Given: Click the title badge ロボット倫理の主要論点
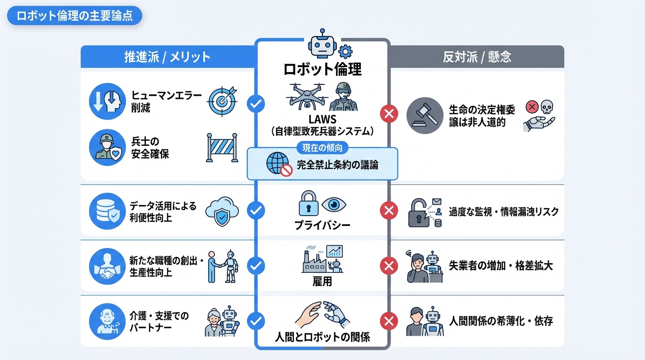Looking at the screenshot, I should click(x=75, y=16).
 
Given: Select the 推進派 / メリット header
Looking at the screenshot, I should click(x=167, y=57).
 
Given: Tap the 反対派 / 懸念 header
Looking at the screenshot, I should click(x=477, y=57).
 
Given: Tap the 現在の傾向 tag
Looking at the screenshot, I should click(x=322, y=148).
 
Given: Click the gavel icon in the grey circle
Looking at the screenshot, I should click(x=424, y=116).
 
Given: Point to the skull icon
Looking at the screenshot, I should click(x=547, y=108).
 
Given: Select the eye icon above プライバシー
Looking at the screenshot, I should click(x=335, y=204).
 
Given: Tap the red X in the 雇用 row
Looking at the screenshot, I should click(x=388, y=266).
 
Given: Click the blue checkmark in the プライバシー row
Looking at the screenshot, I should click(x=256, y=211).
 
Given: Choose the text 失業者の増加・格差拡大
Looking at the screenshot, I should click(x=501, y=266).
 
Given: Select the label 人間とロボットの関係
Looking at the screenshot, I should click(x=322, y=337).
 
